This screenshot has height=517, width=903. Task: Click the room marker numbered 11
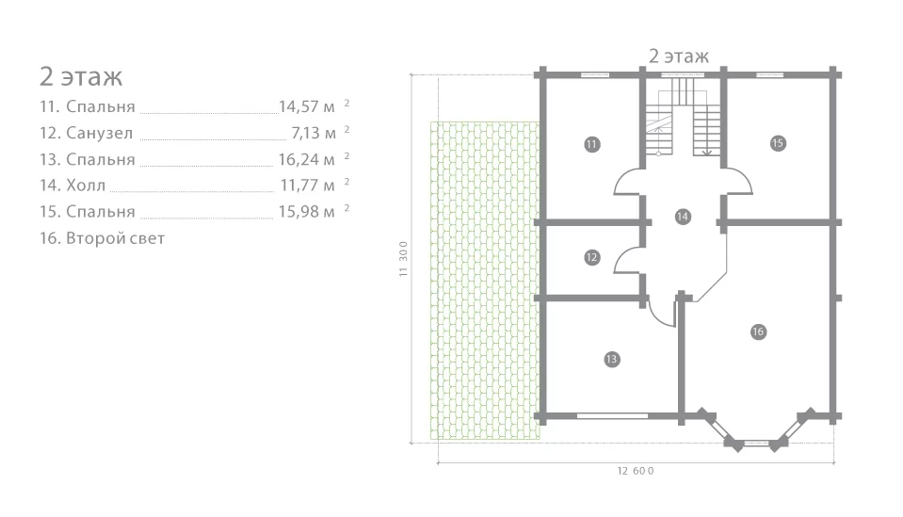(x=591, y=144)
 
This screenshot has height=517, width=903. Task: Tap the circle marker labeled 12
(x=591, y=257)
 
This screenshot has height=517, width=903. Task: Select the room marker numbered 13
(x=611, y=360)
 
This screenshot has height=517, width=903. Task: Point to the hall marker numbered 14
(x=683, y=217)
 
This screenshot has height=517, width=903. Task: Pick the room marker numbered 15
(x=778, y=143)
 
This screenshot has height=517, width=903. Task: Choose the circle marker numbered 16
(x=758, y=331)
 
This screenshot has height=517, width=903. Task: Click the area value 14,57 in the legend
(x=298, y=106)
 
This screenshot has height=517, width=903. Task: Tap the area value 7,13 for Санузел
(x=305, y=133)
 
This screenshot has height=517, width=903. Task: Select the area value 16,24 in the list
(x=298, y=159)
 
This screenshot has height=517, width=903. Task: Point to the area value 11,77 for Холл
(x=298, y=186)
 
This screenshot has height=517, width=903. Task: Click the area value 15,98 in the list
(x=298, y=212)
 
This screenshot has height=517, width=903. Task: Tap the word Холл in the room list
(x=86, y=186)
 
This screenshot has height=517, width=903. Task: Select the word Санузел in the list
(x=100, y=133)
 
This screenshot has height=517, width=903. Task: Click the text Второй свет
(x=115, y=238)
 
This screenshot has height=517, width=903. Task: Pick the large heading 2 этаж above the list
(x=81, y=76)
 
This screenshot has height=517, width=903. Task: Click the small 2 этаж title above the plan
(x=679, y=57)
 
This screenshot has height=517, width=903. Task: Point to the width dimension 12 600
(x=636, y=471)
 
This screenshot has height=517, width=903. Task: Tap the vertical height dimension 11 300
(x=403, y=259)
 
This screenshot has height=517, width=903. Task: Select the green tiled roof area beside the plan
(x=485, y=281)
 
